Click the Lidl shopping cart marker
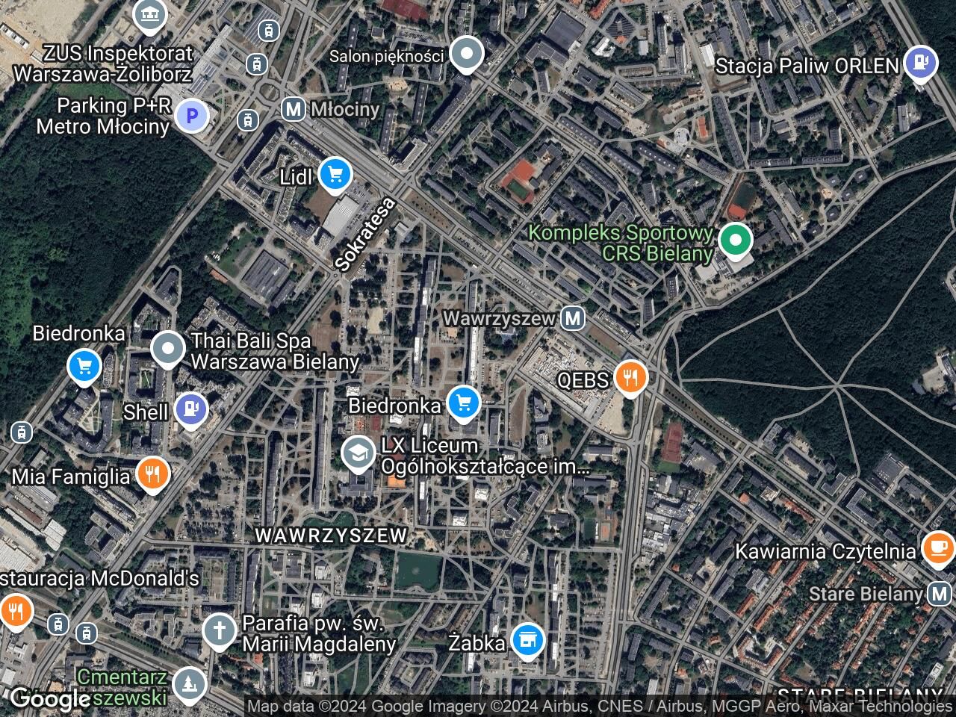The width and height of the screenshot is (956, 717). (x=335, y=175)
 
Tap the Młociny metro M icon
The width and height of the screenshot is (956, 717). (x=294, y=109)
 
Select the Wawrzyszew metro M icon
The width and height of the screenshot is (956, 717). (x=573, y=318)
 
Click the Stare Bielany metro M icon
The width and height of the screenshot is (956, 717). (x=939, y=595)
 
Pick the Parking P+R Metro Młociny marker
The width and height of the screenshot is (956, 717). (x=191, y=116)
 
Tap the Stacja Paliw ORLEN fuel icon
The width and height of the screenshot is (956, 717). (x=920, y=64)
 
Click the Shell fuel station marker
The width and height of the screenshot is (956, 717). (x=191, y=409)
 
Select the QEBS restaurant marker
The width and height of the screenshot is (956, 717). (x=630, y=379)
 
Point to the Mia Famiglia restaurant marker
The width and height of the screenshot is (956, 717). (x=153, y=474)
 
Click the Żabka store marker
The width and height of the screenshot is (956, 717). (x=528, y=641)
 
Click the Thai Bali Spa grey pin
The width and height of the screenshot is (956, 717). (x=168, y=348)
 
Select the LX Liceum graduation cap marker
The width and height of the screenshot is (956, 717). (x=358, y=453)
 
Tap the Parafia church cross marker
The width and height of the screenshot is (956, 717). (x=220, y=630)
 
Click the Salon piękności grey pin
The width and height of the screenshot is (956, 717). (x=467, y=55)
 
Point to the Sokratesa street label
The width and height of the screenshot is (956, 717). (x=364, y=234)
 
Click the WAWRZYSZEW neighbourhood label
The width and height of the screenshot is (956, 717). (x=332, y=535)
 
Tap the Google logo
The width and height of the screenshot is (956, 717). (x=51, y=699)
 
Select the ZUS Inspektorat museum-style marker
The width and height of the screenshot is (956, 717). (x=149, y=14)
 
